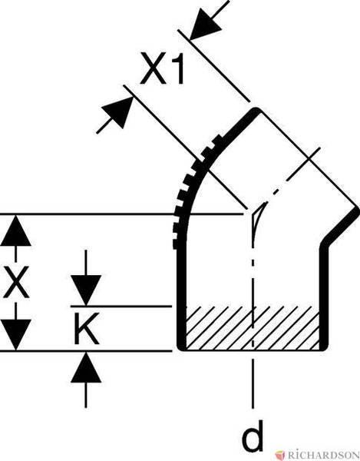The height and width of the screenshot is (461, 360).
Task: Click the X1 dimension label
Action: (x=163, y=68)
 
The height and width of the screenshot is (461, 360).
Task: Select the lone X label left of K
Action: (x=16, y=282)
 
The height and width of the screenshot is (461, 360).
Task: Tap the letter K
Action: (x=86, y=328)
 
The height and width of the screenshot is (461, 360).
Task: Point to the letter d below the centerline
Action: (x=253, y=437)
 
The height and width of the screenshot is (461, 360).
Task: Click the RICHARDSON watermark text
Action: (x=323, y=456)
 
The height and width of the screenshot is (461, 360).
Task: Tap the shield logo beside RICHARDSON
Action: (x=280, y=456)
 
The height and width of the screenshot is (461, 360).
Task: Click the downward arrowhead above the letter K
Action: (x=86, y=290)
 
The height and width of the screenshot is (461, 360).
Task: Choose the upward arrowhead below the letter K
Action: (x=86, y=367)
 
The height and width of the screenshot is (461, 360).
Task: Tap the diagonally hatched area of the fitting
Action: (x=253, y=328)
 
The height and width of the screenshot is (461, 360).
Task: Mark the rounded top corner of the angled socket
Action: (x=256, y=111)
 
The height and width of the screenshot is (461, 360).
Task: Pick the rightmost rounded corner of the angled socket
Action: (x=356, y=211)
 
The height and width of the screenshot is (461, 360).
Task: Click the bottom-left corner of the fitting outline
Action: (x=180, y=347)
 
